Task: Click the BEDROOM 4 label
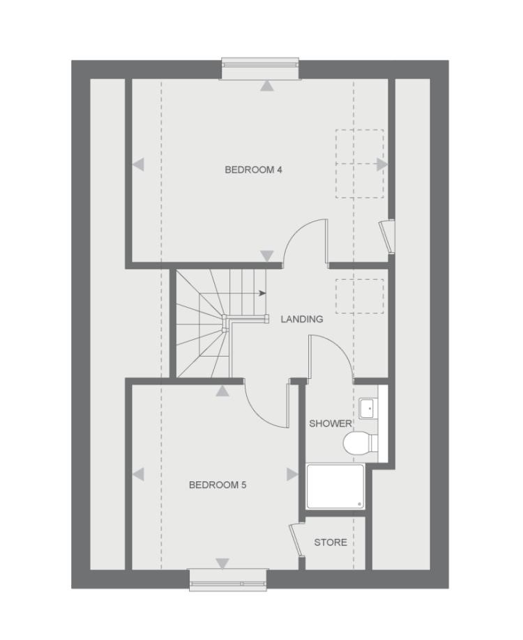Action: (x=253, y=169)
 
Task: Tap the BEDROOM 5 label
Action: (x=218, y=485)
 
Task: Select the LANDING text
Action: (x=301, y=319)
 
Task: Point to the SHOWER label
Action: (x=330, y=423)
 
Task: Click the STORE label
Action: (x=330, y=543)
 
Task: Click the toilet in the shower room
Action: (x=358, y=442)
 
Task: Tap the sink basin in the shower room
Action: (x=367, y=407)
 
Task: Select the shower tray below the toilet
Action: (x=335, y=487)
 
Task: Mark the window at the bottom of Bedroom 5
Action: (x=228, y=579)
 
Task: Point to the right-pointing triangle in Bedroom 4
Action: (x=381, y=164)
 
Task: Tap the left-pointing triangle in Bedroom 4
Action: (x=138, y=165)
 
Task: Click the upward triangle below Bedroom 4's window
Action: (x=266, y=86)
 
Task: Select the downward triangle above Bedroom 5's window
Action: (x=222, y=563)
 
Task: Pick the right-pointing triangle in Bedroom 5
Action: (x=292, y=474)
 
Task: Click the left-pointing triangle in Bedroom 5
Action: (x=138, y=475)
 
